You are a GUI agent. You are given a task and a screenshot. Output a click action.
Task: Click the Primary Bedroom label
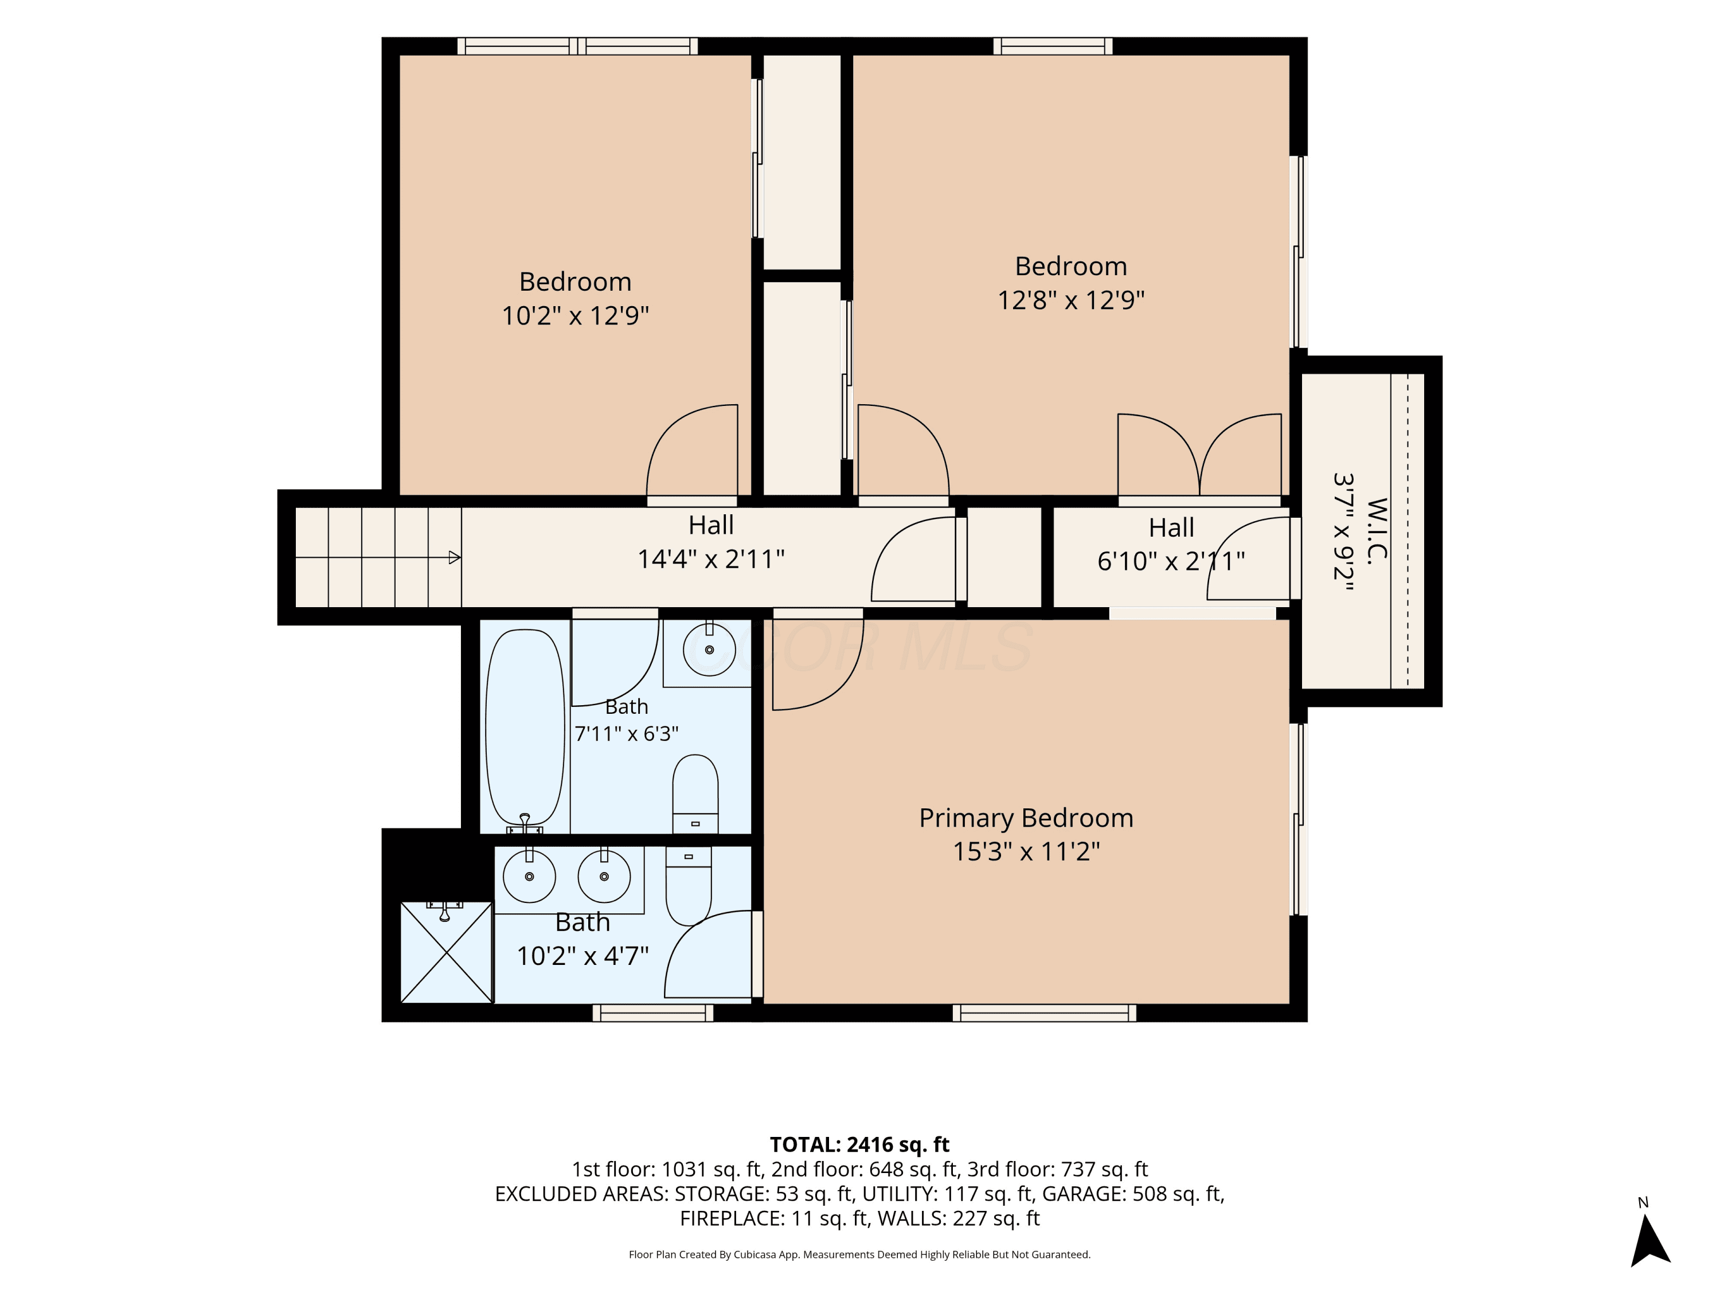click(1026, 818)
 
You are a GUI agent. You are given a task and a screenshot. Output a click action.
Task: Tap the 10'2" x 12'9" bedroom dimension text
click(576, 316)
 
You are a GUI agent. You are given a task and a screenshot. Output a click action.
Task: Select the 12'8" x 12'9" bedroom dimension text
click(1071, 299)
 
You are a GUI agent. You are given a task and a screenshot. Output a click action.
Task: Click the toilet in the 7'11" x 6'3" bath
click(695, 793)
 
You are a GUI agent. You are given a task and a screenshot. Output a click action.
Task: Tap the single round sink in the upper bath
click(709, 650)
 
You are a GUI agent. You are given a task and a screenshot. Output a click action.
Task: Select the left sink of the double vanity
click(530, 876)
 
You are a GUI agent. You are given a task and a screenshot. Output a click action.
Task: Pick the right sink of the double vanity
click(604, 876)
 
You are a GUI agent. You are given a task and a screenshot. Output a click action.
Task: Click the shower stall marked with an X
click(446, 952)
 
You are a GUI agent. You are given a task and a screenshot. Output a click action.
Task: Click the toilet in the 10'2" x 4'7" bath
click(689, 886)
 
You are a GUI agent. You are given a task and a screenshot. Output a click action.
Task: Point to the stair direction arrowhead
click(455, 557)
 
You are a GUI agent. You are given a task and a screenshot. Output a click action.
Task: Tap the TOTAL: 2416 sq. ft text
click(859, 1144)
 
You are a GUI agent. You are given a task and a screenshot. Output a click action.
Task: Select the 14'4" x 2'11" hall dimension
click(711, 559)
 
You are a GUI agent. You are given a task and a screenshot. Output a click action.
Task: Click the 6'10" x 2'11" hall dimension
click(1171, 561)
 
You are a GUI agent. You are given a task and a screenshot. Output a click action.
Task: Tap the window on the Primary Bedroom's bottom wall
click(1044, 1013)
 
